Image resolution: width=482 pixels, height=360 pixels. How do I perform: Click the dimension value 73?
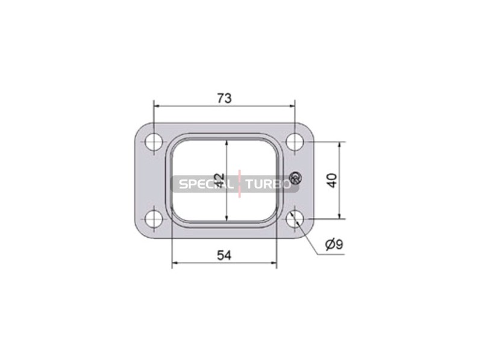(x=224, y=98)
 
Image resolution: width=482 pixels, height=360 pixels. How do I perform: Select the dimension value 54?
(x=224, y=255)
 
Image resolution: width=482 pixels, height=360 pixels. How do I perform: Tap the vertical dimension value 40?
(x=332, y=181)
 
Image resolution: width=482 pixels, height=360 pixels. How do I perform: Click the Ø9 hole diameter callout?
(x=334, y=244)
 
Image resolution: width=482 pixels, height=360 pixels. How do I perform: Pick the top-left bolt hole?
(x=154, y=142)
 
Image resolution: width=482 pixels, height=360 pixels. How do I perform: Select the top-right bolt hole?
(x=295, y=142)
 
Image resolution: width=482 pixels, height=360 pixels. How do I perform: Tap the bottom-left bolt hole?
(x=154, y=219)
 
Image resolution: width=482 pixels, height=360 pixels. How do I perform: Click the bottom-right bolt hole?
(x=295, y=219)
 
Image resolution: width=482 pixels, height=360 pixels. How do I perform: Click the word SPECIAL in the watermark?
(x=205, y=184)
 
